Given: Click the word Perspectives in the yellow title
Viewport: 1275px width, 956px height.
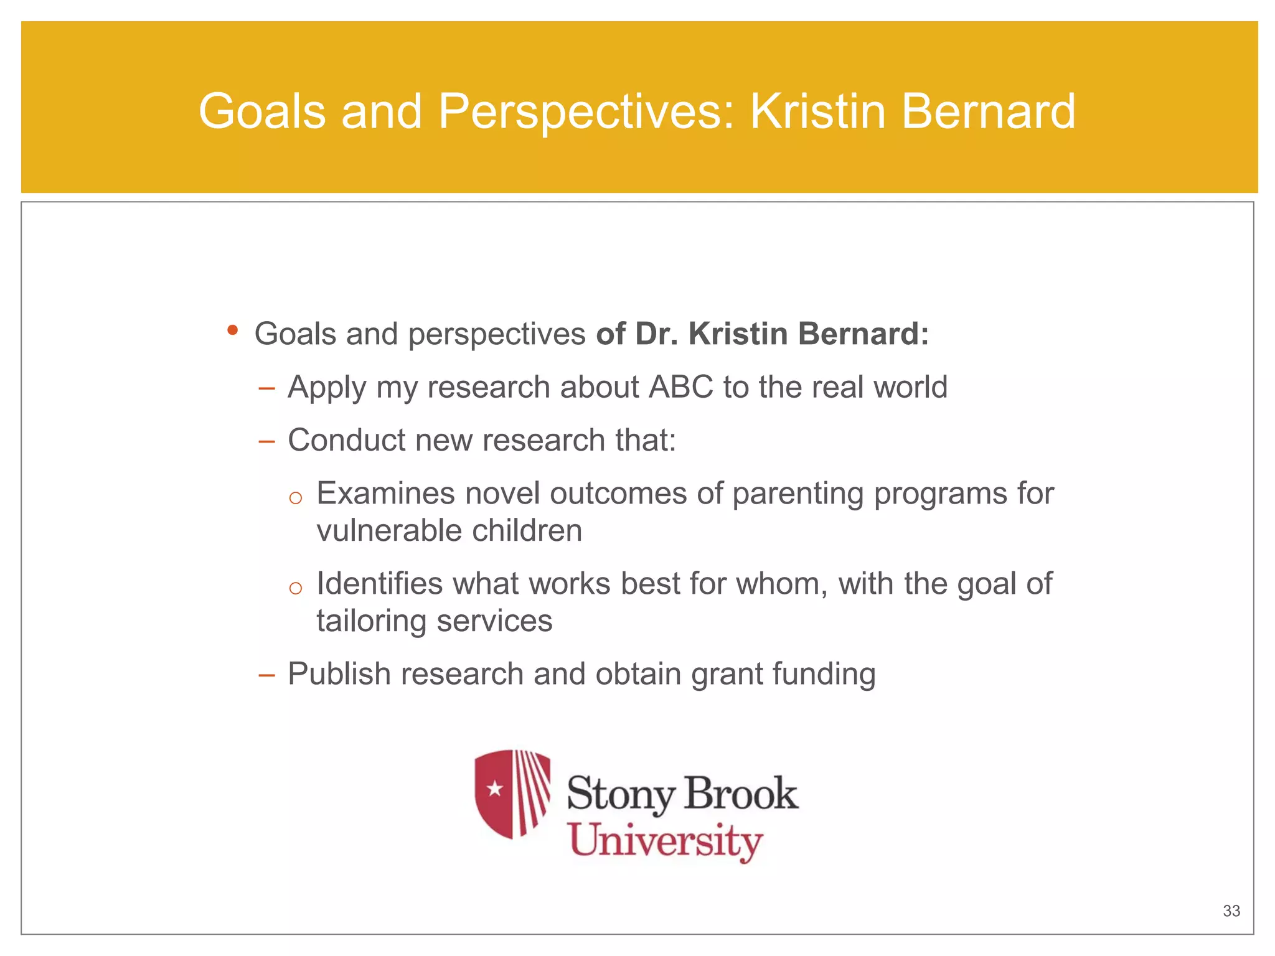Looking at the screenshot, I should click(x=586, y=112).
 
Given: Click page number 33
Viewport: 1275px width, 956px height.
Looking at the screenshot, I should click(x=1231, y=911).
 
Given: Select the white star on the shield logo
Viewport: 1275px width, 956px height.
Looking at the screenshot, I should click(x=495, y=789).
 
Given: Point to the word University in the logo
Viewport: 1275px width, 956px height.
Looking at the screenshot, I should click(x=666, y=841).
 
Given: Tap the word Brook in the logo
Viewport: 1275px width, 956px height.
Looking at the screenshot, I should click(x=741, y=794).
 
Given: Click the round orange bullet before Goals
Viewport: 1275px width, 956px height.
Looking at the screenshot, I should click(x=232, y=330).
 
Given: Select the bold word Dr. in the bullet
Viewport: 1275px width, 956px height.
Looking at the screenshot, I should click(x=657, y=334).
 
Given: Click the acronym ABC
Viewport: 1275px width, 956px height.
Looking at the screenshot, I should click(x=680, y=387).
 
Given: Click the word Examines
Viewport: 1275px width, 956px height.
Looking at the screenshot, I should click(x=386, y=494).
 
